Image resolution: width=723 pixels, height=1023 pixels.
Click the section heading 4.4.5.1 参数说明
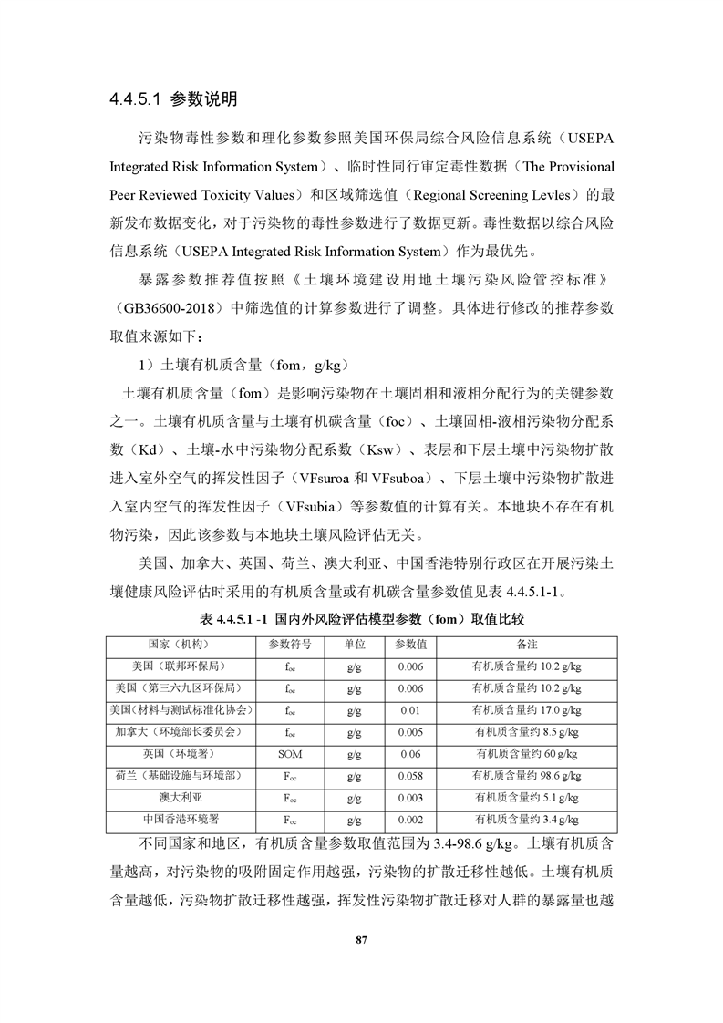[172, 98]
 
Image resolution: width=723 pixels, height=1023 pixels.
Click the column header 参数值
[410, 644]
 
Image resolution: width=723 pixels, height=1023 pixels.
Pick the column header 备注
[527, 644]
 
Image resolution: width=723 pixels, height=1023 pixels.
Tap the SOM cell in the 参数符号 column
[290, 753]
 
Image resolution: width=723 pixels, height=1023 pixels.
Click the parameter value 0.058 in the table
[410, 775]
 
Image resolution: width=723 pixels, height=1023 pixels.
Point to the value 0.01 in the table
[410, 709]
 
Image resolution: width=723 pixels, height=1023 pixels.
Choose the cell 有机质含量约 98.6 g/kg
[527, 775]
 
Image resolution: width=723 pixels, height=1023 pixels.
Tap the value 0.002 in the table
[410, 819]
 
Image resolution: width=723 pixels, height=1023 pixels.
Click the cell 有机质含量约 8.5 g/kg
[527, 731]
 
